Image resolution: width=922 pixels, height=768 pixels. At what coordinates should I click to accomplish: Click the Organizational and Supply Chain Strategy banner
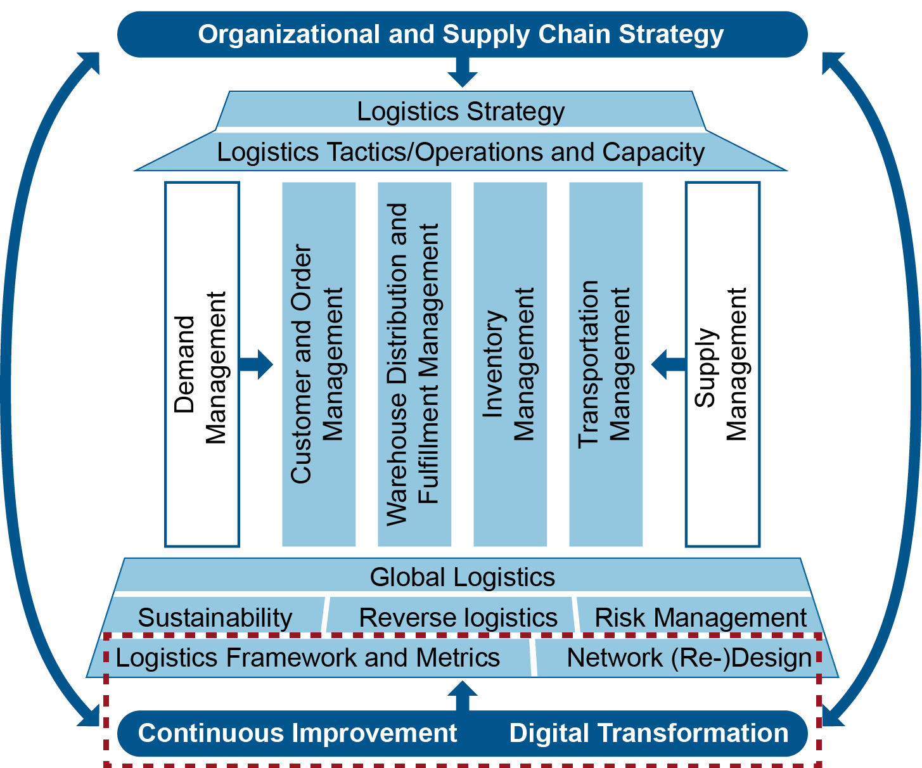tap(461, 34)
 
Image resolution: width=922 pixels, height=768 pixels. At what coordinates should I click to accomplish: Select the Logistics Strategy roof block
tap(461, 112)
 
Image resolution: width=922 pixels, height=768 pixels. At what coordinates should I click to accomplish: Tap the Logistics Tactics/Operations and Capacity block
tap(461, 152)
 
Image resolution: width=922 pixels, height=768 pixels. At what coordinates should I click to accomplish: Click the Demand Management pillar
tap(202, 364)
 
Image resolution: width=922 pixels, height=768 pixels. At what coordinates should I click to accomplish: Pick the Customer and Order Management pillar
tap(318, 364)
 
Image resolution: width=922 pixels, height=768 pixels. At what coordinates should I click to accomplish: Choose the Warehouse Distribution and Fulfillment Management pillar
tap(414, 364)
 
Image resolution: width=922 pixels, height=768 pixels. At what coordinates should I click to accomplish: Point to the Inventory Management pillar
tap(509, 364)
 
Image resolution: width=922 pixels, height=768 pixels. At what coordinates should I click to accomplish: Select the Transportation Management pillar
tap(606, 364)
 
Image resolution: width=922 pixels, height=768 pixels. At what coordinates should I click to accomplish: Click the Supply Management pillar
tap(722, 364)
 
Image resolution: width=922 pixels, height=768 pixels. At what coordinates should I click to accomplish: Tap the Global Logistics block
tap(463, 577)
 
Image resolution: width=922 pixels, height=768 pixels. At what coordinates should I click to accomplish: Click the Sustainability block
tap(215, 617)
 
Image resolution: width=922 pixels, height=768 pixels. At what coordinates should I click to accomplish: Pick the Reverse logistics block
tap(458, 617)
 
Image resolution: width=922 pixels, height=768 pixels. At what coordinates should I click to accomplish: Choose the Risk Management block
tap(700, 617)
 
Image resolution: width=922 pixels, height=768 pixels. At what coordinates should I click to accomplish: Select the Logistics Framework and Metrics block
tap(308, 658)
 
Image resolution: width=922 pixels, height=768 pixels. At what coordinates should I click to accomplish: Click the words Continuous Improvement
tap(297, 733)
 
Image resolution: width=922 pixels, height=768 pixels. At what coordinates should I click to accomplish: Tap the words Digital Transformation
tap(649, 733)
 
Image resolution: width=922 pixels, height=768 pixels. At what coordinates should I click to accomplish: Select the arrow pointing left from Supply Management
tap(668, 364)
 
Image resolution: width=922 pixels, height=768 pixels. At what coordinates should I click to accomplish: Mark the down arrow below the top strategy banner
tap(462, 71)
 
